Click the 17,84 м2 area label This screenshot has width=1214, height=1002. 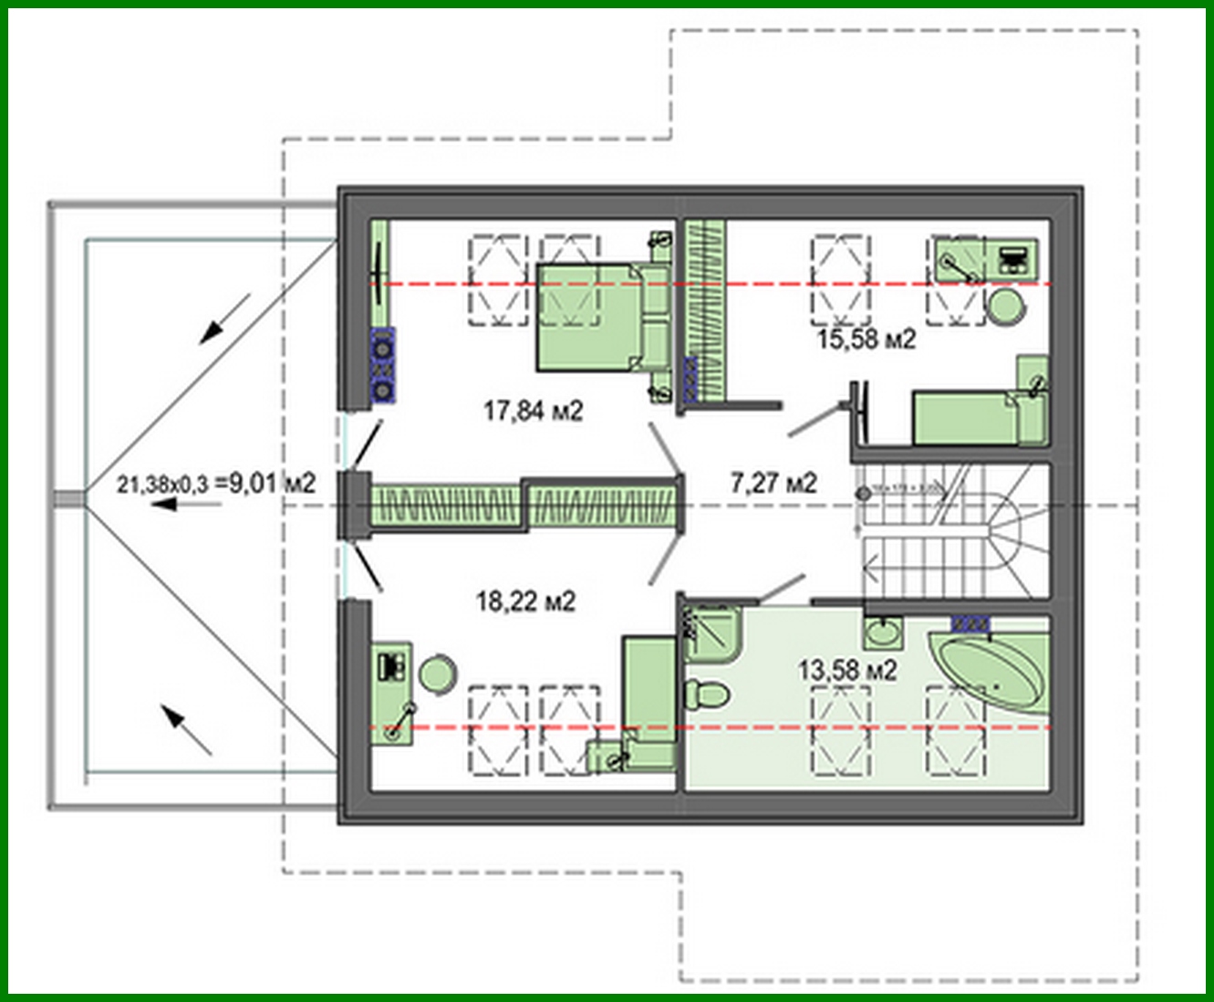(x=533, y=412)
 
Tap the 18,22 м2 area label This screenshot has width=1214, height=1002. (x=525, y=601)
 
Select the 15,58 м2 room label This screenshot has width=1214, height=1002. (x=866, y=339)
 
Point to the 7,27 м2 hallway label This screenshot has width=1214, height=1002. (x=773, y=482)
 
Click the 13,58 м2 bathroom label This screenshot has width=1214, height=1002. (x=847, y=671)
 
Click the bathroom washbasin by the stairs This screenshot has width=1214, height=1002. (x=882, y=631)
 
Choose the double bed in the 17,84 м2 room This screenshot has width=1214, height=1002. (x=597, y=318)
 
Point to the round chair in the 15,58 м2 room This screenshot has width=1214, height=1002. (x=1007, y=307)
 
